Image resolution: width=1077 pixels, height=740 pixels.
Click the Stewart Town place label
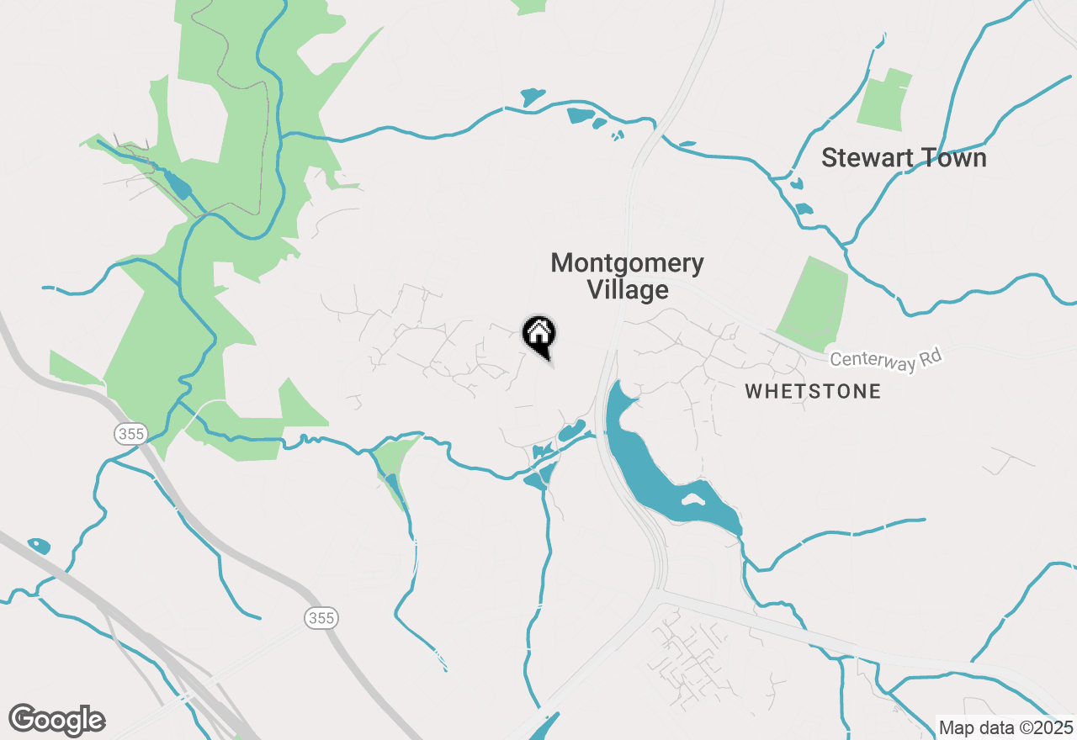coord(903,158)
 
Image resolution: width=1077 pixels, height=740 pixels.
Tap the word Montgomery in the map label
coord(627,263)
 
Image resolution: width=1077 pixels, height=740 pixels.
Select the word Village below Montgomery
coord(627,291)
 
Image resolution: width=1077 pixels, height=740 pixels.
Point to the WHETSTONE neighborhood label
coord(813,391)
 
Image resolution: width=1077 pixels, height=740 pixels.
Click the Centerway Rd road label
coord(886,359)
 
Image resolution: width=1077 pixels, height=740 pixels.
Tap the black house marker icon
coord(538,334)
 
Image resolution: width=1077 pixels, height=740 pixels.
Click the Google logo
coord(56,720)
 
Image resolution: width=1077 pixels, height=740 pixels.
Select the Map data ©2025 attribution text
coord(1005,727)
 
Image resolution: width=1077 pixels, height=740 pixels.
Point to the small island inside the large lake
coord(692,499)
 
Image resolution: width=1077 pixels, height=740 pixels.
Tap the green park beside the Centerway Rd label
coord(813,303)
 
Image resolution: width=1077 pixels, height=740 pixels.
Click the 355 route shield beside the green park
coord(131,434)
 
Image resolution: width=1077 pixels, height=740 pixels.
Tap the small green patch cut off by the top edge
coord(530,6)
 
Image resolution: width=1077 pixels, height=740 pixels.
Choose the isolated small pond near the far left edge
coord(39,546)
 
